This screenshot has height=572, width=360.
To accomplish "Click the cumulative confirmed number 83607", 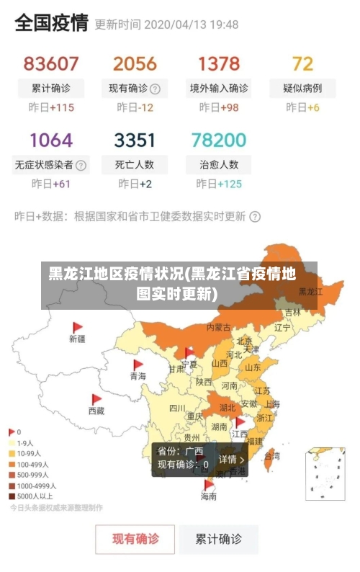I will tap(51, 63).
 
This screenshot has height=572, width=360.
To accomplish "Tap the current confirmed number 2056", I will tap(135, 63).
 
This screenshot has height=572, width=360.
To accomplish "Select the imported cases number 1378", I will tap(219, 63).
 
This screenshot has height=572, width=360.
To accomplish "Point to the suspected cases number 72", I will tap(302, 63).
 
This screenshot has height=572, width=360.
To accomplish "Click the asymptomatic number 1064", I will tap(51, 139).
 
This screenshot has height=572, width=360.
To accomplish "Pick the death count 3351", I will tap(135, 139).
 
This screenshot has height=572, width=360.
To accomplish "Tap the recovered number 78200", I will tap(219, 139).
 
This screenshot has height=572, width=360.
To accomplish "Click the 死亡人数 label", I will tap(135, 164).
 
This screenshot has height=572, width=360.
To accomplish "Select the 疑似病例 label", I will tap(302, 89).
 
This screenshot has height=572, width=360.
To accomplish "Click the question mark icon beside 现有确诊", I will tap(155, 89).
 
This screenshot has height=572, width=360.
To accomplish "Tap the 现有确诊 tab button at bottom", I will tap(135, 538).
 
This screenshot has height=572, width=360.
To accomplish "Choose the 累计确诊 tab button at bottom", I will tap(219, 538).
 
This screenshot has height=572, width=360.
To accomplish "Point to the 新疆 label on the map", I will tap(77, 338).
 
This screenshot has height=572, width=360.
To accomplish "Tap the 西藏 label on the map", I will tap(96, 411).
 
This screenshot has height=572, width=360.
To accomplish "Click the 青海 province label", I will tap(138, 375).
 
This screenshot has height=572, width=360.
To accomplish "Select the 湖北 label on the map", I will tap(228, 407).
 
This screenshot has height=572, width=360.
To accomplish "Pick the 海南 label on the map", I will tap(208, 496).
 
